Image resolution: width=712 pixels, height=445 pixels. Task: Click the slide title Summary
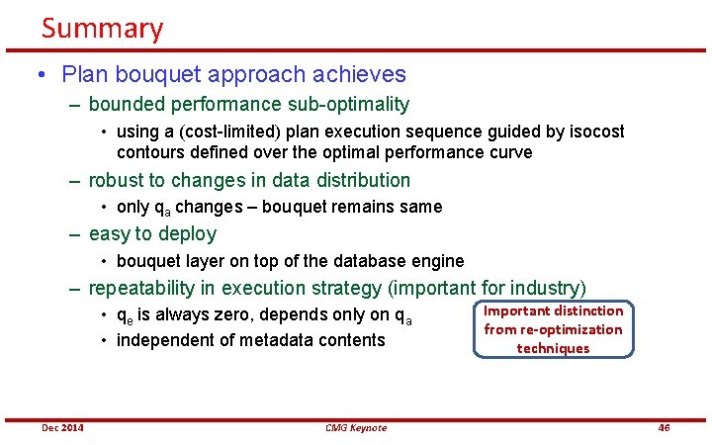coord(102,28)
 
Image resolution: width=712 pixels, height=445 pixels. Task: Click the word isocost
coord(590,132)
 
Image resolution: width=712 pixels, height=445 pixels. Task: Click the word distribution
coord(358,180)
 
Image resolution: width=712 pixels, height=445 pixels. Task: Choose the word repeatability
coord(147,289)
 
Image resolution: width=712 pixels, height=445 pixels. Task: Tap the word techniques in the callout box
coord(553,348)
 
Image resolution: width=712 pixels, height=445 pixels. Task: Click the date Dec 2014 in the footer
coord(62,427)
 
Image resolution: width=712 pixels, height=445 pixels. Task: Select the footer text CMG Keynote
coord(356,427)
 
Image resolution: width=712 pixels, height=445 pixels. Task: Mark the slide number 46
coord(664,427)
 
